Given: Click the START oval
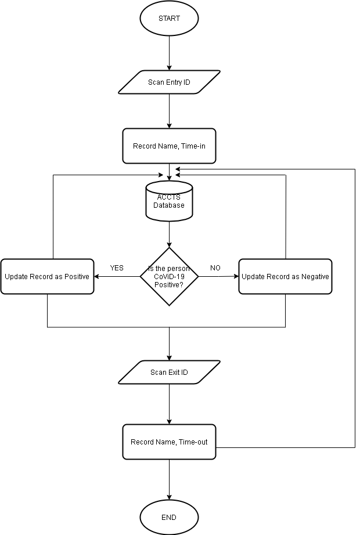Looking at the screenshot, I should pyautogui.click(x=169, y=19).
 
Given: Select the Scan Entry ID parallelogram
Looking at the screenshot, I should pyautogui.click(x=169, y=82).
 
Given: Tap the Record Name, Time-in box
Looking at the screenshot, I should pyautogui.click(x=169, y=146).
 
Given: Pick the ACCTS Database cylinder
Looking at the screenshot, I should pyautogui.click(x=169, y=201).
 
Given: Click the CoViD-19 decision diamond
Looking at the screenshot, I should pyautogui.click(x=169, y=277).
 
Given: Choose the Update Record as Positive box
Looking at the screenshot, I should pyautogui.click(x=47, y=277).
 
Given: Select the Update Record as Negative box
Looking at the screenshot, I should pyautogui.click(x=285, y=277).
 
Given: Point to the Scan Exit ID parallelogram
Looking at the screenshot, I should pyautogui.click(x=169, y=373).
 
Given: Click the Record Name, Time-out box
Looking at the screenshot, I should pyautogui.click(x=169, y=442).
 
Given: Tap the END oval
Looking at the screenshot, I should pyautogui.click(x=169, y=518).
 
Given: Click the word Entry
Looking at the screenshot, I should pyautogui.click(x=174, y=82).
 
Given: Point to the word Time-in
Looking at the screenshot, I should pyautogui.click(x=193, y=146).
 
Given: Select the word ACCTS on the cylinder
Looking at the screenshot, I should pyautogui.click(x=169, y=197).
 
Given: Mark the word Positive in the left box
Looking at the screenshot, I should pyautogui.click(x=76, y=277).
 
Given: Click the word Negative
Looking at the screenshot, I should pyautogui.click(x=315, y=277).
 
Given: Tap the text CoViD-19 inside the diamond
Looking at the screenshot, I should pyautogui.click(x=169, y=277).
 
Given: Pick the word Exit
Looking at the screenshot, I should pyautogui.click(x=174, y=373).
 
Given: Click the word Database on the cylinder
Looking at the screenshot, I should pyautogui.click(x=169, y=205).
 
